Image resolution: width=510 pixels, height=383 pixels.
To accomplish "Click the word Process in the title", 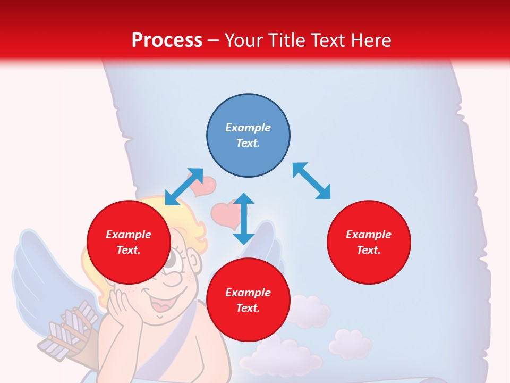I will [x=167, y=40].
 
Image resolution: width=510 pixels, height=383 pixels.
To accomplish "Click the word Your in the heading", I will [x=243, y=40].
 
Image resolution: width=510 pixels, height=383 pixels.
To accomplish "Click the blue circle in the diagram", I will [x=248, y=136].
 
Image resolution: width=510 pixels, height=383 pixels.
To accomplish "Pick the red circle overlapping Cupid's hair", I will [x=129, y=242].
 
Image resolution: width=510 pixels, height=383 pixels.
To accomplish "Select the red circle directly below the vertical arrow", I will [x=248, y=300].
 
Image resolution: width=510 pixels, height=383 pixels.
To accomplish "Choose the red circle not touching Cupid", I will [x=369, y=242].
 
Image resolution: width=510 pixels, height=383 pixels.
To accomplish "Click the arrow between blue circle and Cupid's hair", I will [x=184, y=187].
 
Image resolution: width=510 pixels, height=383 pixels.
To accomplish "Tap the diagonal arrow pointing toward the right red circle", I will [x=311, y=181].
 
